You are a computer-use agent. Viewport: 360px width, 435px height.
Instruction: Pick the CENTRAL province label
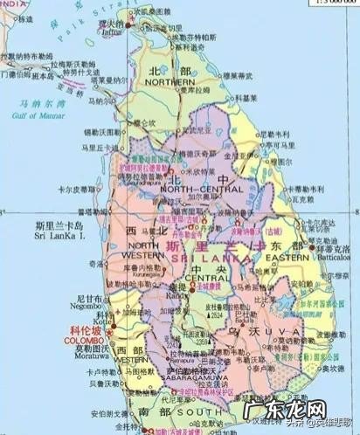pyautogui.click(x=198, y=280)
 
